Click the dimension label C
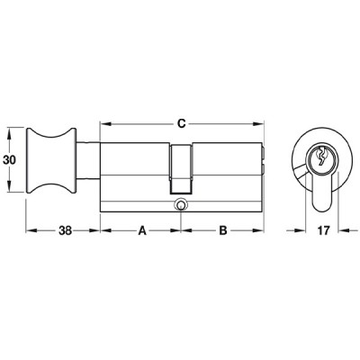click(x=181, y=123)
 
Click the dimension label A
click(x=142, y=230)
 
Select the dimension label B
click(x=223, y=230)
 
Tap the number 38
click(x=65, y=230)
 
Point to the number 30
click(x=9, y=160)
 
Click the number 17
click(x=323, y=230)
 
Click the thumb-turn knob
click(x=51, y=160)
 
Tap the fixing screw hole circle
click(x=181, y=204)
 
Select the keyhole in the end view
click(x=322, y=156)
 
